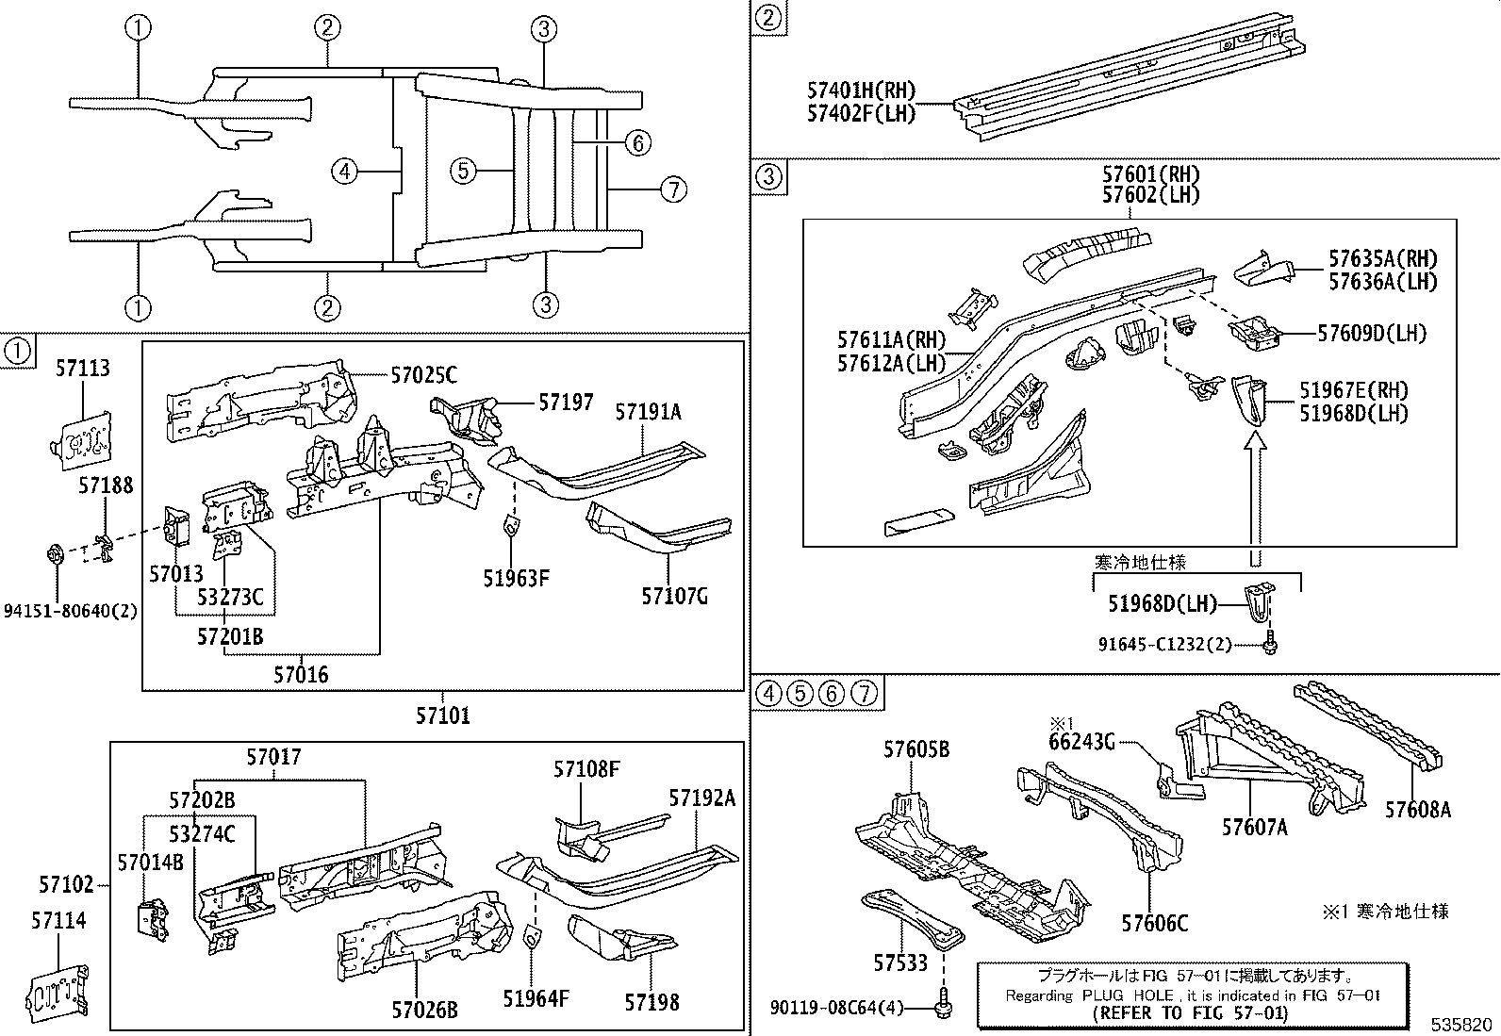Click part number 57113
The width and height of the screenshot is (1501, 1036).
82,369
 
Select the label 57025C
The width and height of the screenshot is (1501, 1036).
423,376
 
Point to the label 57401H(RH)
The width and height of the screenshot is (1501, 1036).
861,91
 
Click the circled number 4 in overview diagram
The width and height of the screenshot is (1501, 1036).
345,172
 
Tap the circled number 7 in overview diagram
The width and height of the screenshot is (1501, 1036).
672,189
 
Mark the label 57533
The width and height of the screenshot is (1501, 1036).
900,962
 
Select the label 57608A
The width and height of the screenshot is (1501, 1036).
1417,809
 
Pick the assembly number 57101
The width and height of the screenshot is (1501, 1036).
442,715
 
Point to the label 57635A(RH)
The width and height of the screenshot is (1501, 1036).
1383,258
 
